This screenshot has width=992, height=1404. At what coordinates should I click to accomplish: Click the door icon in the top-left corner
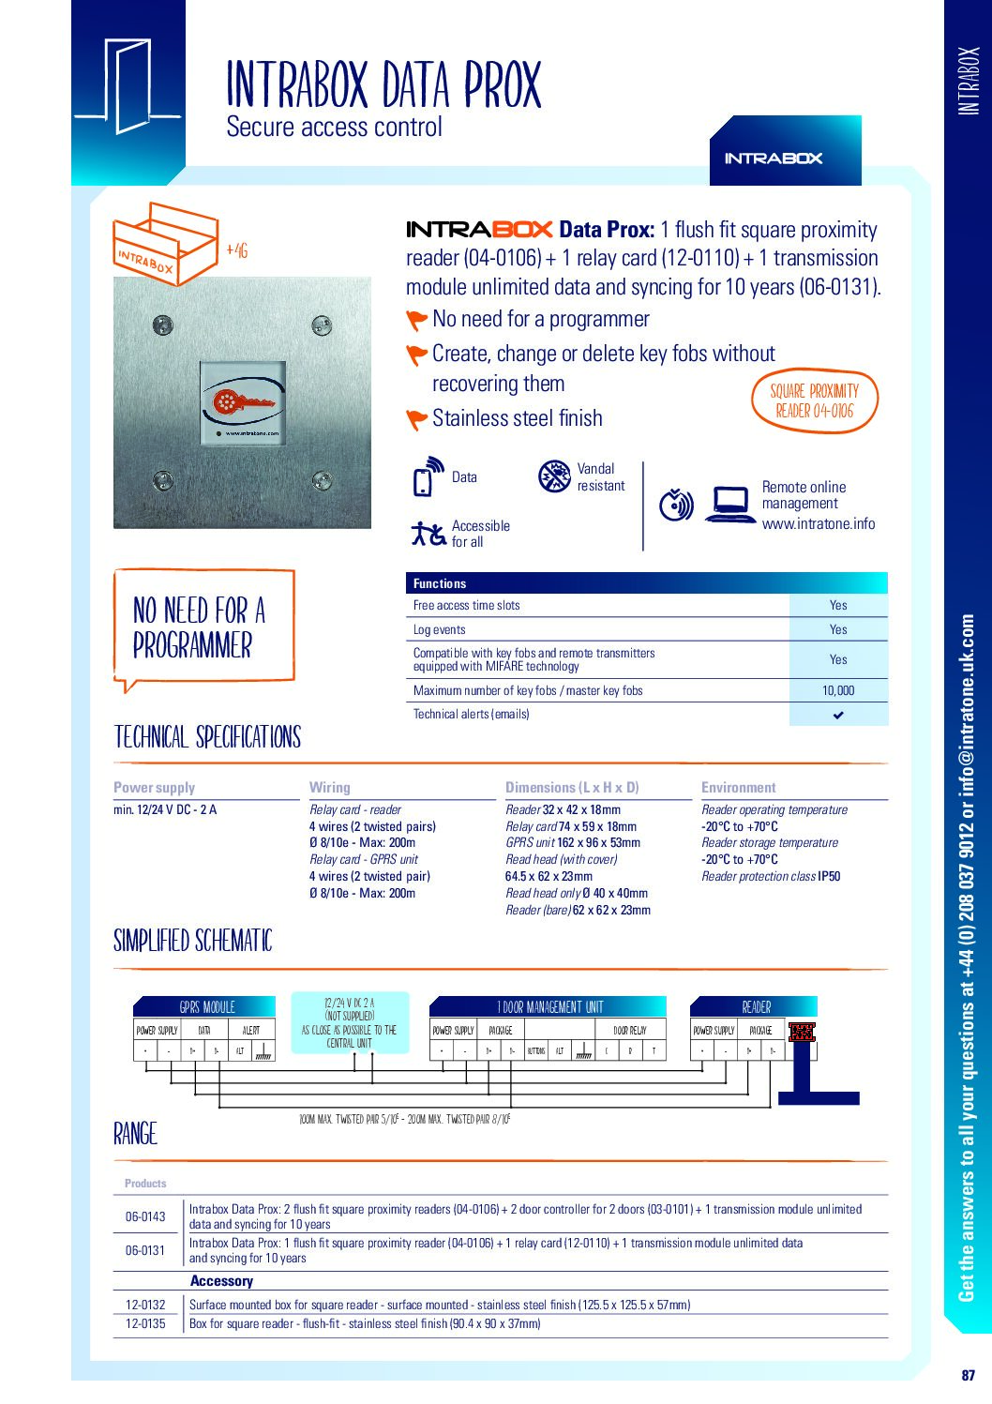coord(127,86)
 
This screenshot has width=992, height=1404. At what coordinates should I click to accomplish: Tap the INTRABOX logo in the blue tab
coord(774,159)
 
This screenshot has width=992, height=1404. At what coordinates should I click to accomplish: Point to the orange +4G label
coord(236,250)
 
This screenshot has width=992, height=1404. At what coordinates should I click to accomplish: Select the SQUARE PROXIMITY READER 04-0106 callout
coord(814,400)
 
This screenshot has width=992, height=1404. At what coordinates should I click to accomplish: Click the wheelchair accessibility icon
coord(428,534)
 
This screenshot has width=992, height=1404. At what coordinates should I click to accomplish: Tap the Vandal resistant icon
coord(554,476)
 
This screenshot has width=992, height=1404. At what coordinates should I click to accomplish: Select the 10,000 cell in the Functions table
coord(838,690)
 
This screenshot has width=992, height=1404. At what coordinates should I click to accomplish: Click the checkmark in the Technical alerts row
coord(838,715)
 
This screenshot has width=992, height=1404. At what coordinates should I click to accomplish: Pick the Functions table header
coord(440,583)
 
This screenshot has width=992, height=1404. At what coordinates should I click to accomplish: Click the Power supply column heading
coord(155,788)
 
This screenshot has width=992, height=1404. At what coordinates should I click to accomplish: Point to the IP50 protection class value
coord(829,877)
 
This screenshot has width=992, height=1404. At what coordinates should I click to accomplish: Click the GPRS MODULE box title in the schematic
coord(207,1007)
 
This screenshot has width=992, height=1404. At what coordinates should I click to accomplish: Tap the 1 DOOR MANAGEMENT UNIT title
coord(550,1007)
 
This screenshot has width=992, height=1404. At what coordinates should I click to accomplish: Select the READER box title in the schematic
coord(757,1007)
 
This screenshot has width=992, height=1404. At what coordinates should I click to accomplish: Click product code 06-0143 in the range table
coord(145,1216)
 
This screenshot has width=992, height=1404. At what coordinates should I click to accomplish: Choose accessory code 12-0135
coord(145,1324)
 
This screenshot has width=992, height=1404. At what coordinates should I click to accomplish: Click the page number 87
coord(968,1376)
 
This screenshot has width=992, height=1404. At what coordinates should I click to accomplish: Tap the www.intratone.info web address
coord(819,523)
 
